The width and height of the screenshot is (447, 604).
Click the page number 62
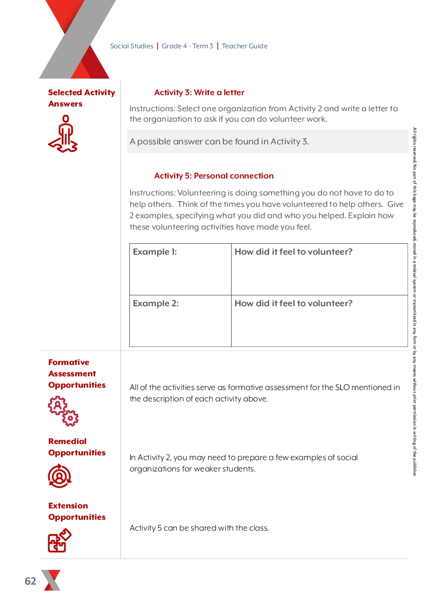pos(30,581)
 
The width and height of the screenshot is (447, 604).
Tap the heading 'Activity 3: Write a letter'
pos(199,93)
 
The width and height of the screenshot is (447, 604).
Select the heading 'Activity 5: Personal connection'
pos(214,176)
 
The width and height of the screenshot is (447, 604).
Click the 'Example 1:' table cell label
pos(155,252)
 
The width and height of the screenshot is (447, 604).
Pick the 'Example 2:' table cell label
pos(156,303)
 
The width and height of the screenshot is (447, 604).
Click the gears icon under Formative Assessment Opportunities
pos(63,411)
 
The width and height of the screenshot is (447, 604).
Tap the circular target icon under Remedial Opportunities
pos(60,476)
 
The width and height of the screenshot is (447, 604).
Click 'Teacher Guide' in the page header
pos(245,46)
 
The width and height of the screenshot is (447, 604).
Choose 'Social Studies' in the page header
pos(131,46)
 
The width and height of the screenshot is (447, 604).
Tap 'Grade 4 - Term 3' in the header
pos(187,46)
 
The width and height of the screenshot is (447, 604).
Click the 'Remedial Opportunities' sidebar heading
pos(77,447)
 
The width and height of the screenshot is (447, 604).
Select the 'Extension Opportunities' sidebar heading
pos(77,511)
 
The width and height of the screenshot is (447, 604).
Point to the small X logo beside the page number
pos(51,580)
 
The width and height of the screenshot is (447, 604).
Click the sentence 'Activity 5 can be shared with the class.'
pos(199,528)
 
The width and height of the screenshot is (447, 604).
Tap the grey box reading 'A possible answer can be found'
pos(267,142)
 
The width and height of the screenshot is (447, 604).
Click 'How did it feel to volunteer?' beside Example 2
pos(293,303)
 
